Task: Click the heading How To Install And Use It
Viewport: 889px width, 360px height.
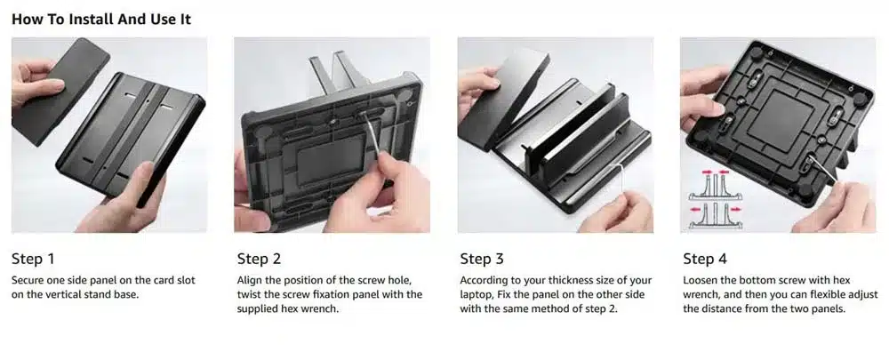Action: click(x=101, y=19)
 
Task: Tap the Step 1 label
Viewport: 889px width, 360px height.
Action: click(x=33, y=259)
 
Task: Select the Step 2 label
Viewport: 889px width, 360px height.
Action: click(x=259, y=259)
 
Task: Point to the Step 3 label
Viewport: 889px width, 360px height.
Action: click(x=481, y=259)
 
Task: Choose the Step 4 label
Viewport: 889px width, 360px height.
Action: click(x=704, y=259)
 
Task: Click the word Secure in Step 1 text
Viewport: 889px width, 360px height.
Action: click(x=26, y=280)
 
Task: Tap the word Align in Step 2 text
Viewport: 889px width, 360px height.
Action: click(x=249, y=281)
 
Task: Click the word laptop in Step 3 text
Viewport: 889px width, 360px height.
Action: click(x=474, y=295)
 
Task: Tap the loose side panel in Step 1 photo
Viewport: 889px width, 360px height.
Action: click(x=60, y=90)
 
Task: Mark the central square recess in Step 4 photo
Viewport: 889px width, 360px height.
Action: click(x=781, y=121)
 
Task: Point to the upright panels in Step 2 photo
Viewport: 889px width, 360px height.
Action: click(x=334, y=71)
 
